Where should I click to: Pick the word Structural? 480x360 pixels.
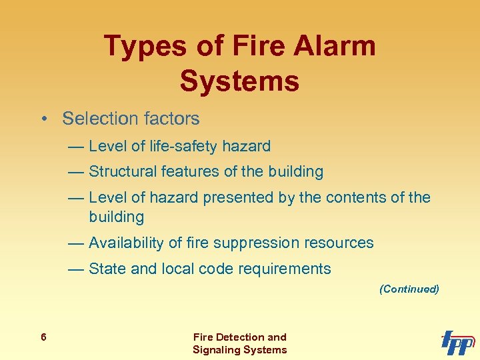121,171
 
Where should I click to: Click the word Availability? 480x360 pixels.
126,243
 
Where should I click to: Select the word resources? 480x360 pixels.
341,243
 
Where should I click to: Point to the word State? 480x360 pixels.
107,269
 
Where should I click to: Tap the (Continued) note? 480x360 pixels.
409,289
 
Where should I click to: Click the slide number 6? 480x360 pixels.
43,337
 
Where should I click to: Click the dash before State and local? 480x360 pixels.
75,269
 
